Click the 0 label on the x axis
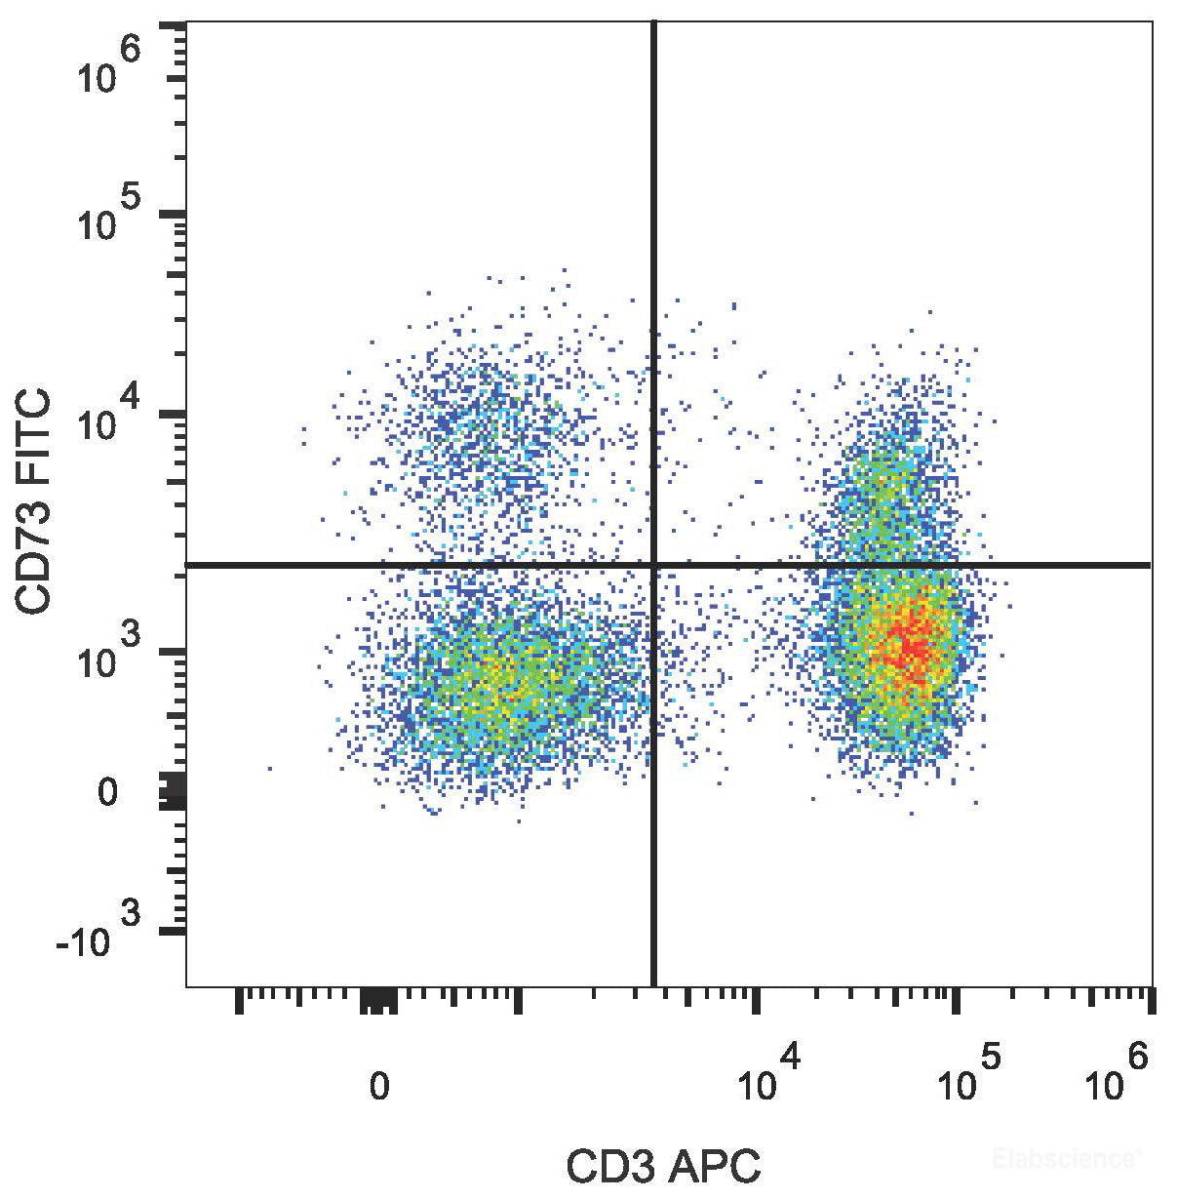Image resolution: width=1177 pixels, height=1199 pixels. pyautogui.click(x=378, y=1085)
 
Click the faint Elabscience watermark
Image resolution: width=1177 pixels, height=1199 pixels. pyautogui.click(x=1065, y=1159)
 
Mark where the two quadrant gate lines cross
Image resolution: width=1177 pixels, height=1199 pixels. pyautogui.click(x=653, y=564)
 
